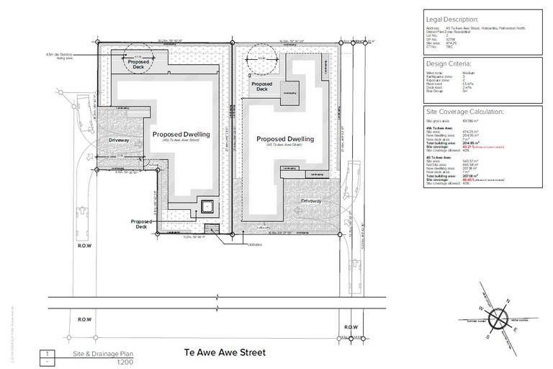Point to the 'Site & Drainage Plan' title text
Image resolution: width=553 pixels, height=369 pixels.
(x=104, y=354)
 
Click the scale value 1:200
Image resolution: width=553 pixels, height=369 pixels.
(x=105, y=362)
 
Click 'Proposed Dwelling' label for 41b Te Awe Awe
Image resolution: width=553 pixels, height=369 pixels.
(x=181, y=135)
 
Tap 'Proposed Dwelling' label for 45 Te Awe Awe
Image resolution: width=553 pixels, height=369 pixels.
(x=284, y=138)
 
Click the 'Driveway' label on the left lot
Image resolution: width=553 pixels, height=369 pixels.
(x=119, y=138)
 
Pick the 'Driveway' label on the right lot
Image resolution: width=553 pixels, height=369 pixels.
(x=312, y=201)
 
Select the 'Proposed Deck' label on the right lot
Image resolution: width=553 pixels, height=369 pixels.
(x=262, y=87)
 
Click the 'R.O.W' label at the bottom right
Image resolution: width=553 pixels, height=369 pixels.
(x=351, y=327)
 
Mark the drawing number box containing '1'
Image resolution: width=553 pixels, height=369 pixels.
(x=47, y=354)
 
